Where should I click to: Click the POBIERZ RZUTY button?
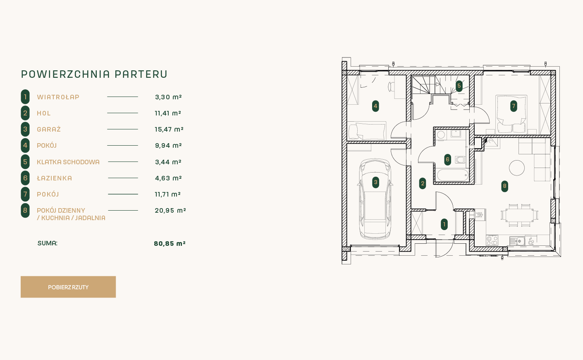[68, 287]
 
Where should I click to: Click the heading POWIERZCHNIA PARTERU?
[94, 74]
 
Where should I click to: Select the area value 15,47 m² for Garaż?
[169, 129]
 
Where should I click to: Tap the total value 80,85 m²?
[170, 243]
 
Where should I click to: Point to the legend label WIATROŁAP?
[58, 97]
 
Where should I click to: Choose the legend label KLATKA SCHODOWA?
[68, 162]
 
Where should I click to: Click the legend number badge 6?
[25, 178]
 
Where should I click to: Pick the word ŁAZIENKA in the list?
[55, 178]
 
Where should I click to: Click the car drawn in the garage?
[375, 199]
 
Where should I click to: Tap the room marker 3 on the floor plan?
[375, 182]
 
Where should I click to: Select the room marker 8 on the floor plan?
[505, 186]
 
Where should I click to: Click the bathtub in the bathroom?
[453, 175]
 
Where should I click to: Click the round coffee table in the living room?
[517, 168]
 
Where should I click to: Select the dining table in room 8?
[519, 216]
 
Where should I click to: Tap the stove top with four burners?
[492, 240]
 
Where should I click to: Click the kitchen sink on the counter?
[517, 241]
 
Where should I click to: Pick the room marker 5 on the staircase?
[459, 86]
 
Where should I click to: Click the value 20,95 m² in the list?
[170, 210]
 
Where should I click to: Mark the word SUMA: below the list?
[48, 243]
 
